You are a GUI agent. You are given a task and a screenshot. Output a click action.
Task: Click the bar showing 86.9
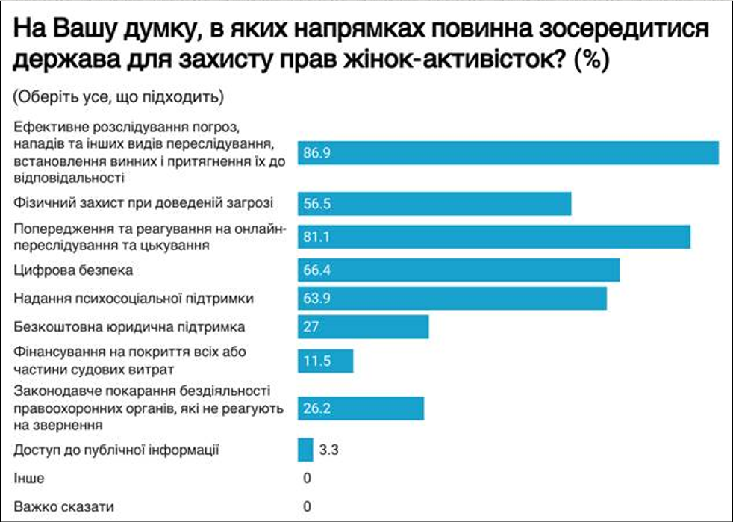508,152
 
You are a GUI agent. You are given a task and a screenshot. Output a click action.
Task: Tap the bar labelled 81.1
494,237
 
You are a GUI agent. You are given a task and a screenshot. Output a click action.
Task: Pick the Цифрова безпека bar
458,270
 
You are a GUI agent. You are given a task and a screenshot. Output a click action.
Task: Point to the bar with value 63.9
452,298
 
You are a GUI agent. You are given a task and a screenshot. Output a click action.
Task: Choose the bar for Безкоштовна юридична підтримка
363,327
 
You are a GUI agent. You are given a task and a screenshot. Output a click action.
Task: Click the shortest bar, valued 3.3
305,450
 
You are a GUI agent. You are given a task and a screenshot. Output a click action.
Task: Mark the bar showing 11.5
325,360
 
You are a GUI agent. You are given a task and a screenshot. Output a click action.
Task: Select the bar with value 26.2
361,408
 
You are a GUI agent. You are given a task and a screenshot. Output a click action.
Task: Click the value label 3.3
329,450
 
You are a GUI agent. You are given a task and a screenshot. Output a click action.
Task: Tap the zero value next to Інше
307,478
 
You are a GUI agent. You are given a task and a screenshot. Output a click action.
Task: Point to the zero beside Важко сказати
307,507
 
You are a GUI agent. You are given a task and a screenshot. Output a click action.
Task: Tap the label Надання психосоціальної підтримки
134,299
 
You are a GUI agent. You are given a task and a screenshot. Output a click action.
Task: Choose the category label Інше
28,478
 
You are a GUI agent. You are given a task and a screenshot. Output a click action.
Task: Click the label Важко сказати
63,507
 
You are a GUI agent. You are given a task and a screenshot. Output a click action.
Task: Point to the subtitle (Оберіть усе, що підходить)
118,96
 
